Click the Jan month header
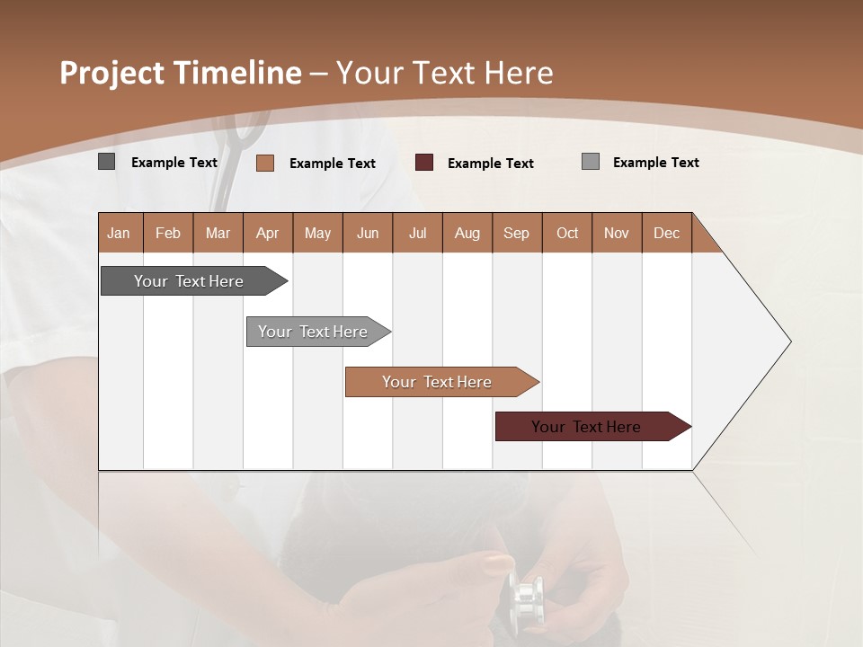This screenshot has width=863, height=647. (119, 233)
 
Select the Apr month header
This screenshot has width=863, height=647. (267, 233)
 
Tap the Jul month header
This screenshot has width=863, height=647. (417, 233)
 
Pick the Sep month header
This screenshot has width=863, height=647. (516, 233)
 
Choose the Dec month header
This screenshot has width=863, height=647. (666, 233)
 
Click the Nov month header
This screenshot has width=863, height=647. (616, 233)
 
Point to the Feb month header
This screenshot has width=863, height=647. (168, 233)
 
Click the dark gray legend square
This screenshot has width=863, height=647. (107, 162)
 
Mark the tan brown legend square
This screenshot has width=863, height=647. (265, 163)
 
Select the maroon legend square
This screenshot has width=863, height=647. (424, 163)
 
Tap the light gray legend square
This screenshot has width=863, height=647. (591, 162)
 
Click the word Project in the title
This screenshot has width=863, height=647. (111, 73)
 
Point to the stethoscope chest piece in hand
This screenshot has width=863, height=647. (526, 598)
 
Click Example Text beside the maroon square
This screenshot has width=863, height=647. (490, 163)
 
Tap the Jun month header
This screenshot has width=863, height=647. (367, 233)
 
